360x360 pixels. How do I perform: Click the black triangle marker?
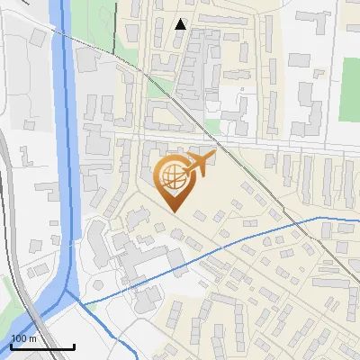coord(181,24)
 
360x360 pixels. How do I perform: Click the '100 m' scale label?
coord(23,337)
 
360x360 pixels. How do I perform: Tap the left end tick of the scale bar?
coord(11,344)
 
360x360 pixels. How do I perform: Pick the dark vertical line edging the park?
coord(117,27)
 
